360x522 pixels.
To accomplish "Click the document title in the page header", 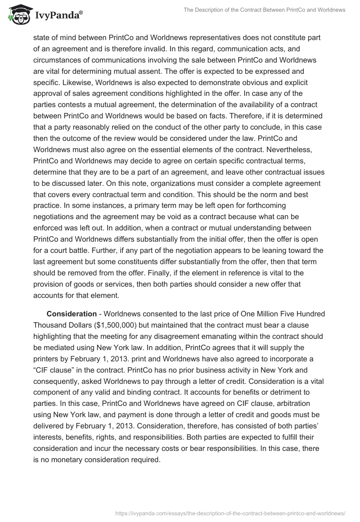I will (x=265, y=9).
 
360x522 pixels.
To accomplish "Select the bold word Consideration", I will (x=72, y=314).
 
